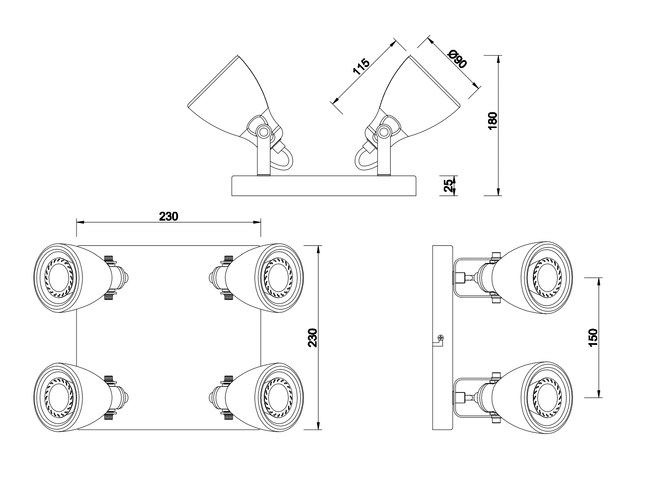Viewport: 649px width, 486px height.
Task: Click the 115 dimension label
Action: tap(361, 67)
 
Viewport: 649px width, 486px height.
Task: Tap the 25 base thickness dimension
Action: tap(448, 185)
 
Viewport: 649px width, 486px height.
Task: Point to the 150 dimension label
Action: tap(593, 337)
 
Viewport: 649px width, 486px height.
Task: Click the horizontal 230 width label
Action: tap(169, 216)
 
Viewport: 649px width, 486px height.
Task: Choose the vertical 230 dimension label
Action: tap(313, 337)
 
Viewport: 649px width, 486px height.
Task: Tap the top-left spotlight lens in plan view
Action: tap(59, 277)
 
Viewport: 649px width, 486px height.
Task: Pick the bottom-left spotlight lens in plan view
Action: tap(59, 397)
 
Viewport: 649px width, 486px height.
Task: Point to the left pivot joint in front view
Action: tap(263, 132)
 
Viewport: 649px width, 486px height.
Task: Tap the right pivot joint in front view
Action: tap(385, 132)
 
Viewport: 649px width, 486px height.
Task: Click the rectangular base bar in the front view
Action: tap(324, 186)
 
